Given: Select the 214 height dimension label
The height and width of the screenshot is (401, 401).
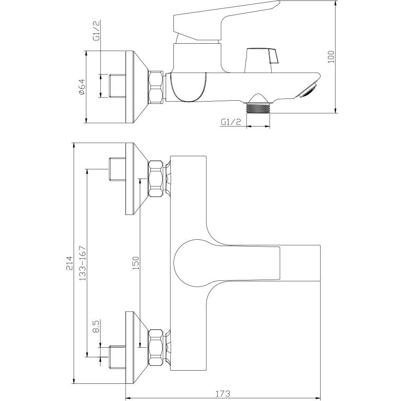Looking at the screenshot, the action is click(69, 263).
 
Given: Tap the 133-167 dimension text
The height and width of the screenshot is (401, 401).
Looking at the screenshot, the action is click(82, 263).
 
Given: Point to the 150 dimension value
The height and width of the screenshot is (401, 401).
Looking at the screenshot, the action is click(135, 263).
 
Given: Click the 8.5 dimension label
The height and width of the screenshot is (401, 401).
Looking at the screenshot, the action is click(96, 326).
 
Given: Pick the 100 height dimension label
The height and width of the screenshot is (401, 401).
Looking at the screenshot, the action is click(331, 57).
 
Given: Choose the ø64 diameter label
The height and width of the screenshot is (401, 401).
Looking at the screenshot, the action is click(82, 87).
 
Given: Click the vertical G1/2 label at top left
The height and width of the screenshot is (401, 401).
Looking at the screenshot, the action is click(97, 30).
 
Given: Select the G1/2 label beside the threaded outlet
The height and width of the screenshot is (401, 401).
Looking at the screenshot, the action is click(231, 122).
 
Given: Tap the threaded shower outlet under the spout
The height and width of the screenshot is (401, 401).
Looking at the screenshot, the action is click(258, 107).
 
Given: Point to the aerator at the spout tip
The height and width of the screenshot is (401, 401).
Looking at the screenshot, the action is click(308, 90).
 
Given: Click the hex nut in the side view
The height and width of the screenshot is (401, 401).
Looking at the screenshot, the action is click(156, 87).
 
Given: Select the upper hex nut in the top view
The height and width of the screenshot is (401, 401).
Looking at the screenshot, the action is click(156, 178).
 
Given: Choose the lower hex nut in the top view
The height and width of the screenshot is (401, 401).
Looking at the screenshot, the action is click(156, 347).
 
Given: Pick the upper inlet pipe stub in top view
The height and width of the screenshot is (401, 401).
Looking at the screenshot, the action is click(117, 169).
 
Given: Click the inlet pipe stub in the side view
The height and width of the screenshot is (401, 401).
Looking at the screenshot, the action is click(117, 86).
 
